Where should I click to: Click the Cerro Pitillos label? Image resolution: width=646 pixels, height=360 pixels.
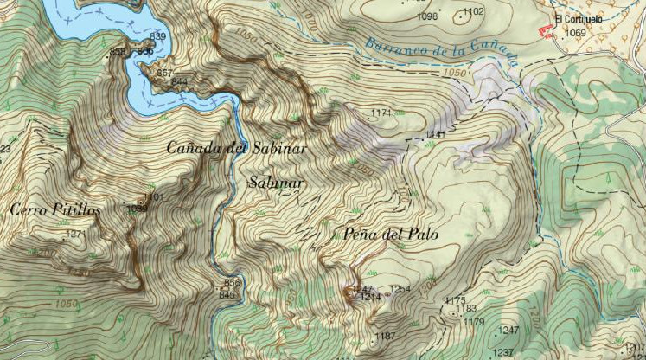point(56,209)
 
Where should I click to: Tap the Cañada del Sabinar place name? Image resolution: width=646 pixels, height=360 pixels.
point(237,148)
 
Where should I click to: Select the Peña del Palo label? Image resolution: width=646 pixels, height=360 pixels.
point(391,235)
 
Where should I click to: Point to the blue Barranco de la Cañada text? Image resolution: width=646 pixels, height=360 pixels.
point(441,51)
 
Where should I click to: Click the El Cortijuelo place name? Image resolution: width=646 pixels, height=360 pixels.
point(577,19)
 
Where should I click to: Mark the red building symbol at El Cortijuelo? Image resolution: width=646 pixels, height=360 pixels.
point(544,31)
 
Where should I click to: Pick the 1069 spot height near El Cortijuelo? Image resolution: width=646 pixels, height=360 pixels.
point(575,34)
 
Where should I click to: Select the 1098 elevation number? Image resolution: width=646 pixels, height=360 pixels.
point(427,16)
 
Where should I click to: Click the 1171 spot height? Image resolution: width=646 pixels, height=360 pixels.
point(381,113)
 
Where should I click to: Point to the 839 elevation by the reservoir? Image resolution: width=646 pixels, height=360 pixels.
point(157,36)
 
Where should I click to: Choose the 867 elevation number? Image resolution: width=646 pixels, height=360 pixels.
point(165,73)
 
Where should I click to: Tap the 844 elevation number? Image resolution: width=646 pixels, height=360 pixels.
point(180,81)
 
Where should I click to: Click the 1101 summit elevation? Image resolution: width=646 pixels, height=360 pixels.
point(153,198)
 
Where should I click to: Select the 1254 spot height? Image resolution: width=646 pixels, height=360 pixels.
point(400,289)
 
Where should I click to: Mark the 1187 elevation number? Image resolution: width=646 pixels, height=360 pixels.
point(385,336)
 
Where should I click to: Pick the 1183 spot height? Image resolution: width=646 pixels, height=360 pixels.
point(467,309)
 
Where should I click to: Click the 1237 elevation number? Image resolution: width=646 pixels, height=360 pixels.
point(502,352)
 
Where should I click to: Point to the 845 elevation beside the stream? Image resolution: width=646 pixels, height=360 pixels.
point(227,295)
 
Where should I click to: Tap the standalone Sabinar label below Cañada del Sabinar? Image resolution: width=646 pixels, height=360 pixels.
point(275,183)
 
